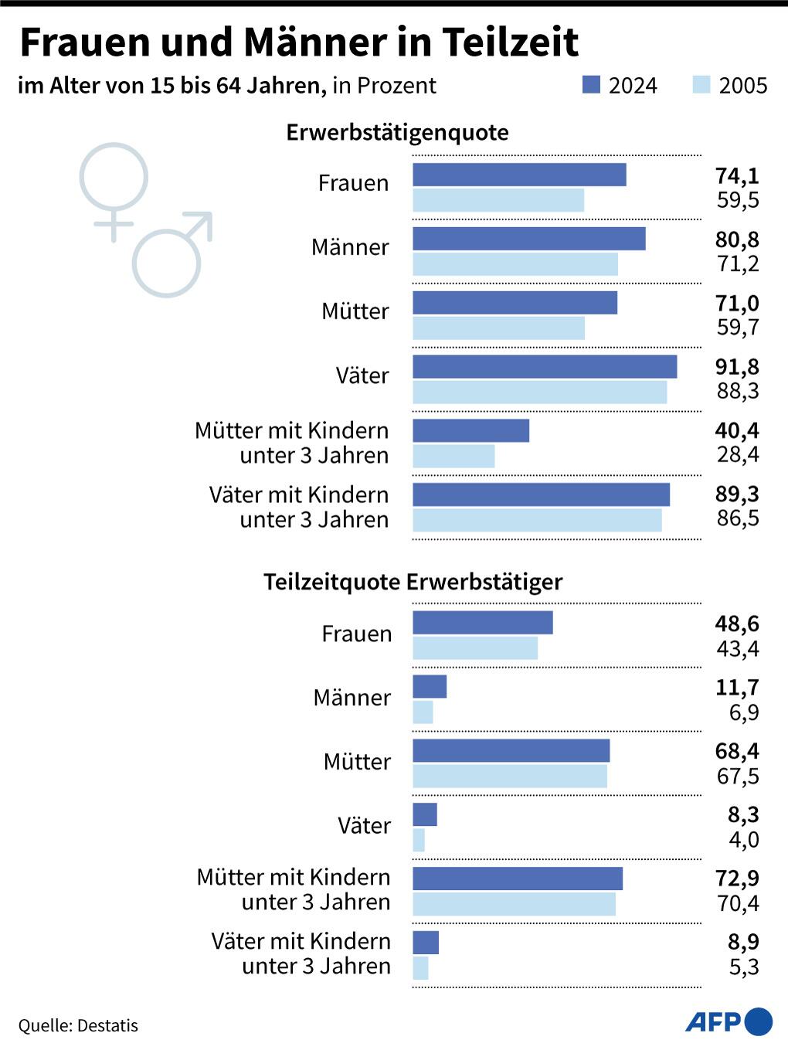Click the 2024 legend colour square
pos(591,84)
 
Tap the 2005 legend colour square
pos(701,84)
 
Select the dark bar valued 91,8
pos(545,367)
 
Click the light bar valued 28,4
pos(453,456)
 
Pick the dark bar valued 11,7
pos(430,686)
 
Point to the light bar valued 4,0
pos(419,840)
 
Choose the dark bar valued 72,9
pos(518,878)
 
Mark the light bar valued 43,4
pos(475,648)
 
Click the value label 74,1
pos(737,175)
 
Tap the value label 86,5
pos(738,518)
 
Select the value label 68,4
pos(737,751)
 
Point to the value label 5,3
pos(744,967)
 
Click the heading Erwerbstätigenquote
pos(397,132)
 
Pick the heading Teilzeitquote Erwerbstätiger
pos(413,582)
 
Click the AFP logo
pos(729,1021)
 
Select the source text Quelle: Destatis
pos(78,1025)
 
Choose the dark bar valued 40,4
pos(470,430)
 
